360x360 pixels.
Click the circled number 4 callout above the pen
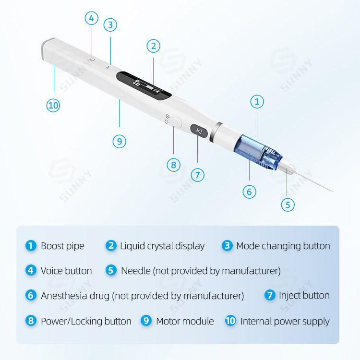tap(92, 18)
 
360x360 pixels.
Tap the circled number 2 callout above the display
tap(154, 46)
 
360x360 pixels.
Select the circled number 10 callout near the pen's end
tap(53, 106)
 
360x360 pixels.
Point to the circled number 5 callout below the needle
tap(288, 205)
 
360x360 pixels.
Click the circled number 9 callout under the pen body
tap(120, 142)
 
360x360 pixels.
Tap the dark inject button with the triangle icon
tap(199, 131)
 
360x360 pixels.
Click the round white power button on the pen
tap(176, 122)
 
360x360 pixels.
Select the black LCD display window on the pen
tap(144, 85)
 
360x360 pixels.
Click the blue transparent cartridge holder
tap(258, 153)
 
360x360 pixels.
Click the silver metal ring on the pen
tap(216, 132)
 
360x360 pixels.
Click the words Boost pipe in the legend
tap(62, 246)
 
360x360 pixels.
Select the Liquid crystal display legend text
tap(162, 246)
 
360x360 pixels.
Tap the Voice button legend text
tap(66, 271)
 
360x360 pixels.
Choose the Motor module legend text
tap(185, 321)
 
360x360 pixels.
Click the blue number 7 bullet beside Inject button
tap(270, 295)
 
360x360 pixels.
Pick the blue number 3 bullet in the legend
tap(227, 246)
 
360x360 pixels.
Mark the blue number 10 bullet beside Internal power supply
tap(230, 321)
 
